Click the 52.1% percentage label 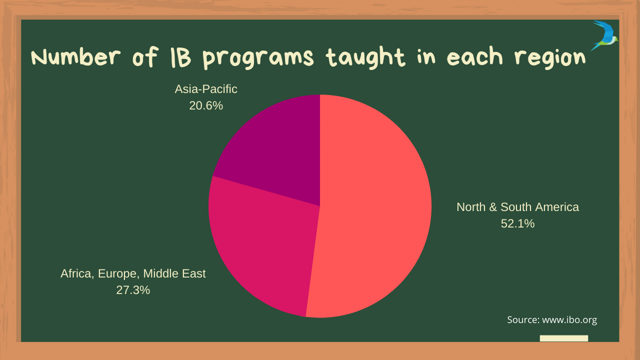(x=517, y=223)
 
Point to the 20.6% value (x=206, y=105)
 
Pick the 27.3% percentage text (x=133, y=290)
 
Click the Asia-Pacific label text (x=206, y=89)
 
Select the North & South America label (x=517, y=207)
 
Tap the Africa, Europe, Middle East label (x=133, y=273)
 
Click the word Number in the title (x=75, y=56)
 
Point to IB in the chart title (x=180, y=57)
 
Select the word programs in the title (x=258, y=58)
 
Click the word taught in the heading (x=365, y=57)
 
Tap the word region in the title (x=550, y=58)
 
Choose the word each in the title (x=474, y=56)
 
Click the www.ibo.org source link (x=569, y=319)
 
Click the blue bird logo (x=605, y=35)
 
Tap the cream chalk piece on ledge (x=564, y=338)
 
